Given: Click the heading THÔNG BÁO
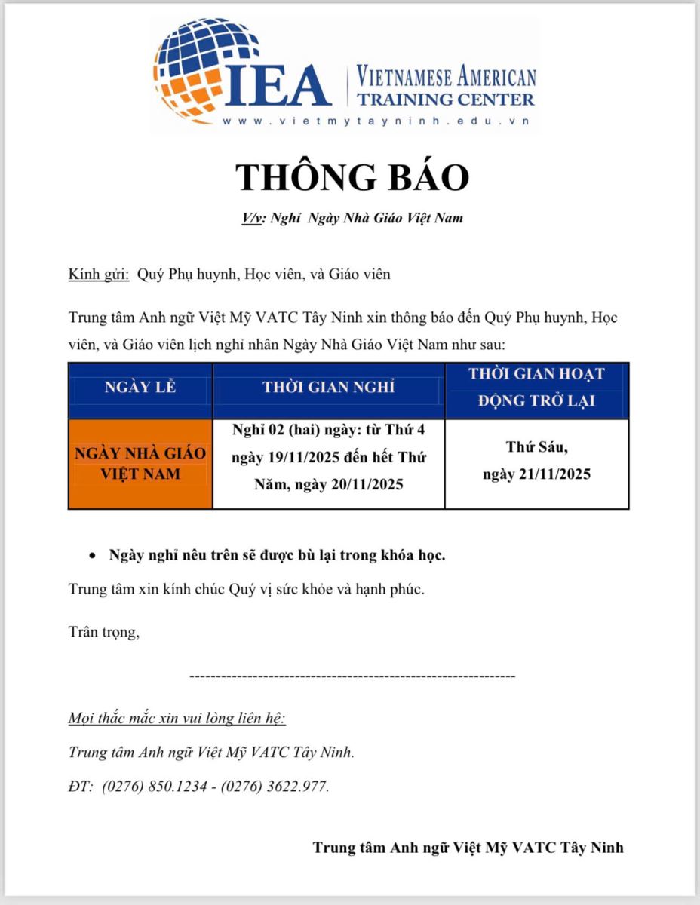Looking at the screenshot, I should (352, 176).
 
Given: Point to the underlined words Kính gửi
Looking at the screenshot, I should (99, 274).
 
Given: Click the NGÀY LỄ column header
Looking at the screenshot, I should (140, 388).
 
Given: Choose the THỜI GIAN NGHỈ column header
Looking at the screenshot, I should (328, 388).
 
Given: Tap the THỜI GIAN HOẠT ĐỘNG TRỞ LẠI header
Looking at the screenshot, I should (536, 387).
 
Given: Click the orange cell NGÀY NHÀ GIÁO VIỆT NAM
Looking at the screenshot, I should (140, 464).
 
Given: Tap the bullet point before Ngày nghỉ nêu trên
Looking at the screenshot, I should (92, 557).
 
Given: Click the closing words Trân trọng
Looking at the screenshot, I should (103, 632).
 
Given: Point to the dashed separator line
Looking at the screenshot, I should (352, 676).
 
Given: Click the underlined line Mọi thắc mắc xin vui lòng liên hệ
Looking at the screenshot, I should (177, 717).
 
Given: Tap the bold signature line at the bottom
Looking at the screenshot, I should (468, 848).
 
